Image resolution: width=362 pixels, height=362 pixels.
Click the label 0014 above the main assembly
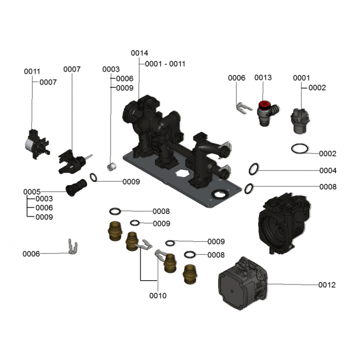pyautogui.click(x=139, y=53)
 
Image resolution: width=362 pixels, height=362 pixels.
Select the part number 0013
pyautogui.click(x=263, y=78)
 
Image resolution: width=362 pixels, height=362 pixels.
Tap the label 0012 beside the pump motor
pyautogui.click(x=327, y=285)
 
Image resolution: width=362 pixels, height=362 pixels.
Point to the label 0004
pyautogui.click(x=328, y=171)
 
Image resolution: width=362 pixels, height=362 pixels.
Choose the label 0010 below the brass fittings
pyautogui.click(x=158, y=295)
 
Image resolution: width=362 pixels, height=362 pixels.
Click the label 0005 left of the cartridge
pyautogui.click(x=32, y=191)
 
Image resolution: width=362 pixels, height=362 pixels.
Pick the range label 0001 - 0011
pyautogui.click(x=165, y=64)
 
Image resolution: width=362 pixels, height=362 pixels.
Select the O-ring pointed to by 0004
pyautogui.click(x=253, y=170)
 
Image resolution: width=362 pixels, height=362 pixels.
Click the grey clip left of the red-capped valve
pyautogui.click(x=243, y=108)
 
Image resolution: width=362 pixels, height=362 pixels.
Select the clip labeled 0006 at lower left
pyautogui.click(x=72, y=246)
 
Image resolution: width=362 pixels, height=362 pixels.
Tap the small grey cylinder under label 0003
pyautogui.click(x=111, y=167)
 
